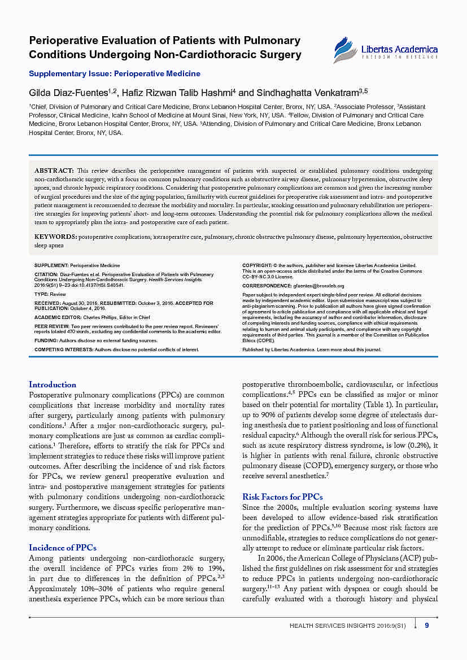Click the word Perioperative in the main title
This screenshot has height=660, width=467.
coord(64,41)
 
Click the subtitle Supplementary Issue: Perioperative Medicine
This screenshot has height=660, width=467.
coord(115,73)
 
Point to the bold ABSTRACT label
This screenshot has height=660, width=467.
coord(54,171)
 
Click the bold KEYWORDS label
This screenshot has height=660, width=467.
coord(56,237)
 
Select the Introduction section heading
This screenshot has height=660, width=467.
coord(53,384)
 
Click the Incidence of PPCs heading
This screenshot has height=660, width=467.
coord(63,548)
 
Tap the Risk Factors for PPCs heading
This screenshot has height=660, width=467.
coord(282,497)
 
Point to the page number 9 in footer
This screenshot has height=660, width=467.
coord(427,625)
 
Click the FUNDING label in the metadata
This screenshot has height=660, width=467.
coord(46,341)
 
